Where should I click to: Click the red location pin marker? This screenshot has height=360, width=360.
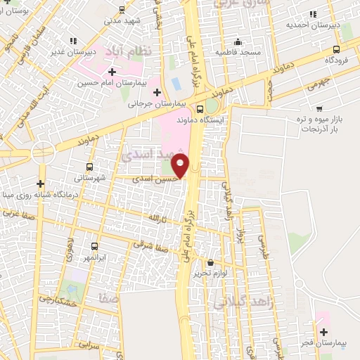coord(181,166)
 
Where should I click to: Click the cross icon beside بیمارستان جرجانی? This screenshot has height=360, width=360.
coord(157,91)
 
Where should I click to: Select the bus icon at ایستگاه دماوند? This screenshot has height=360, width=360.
coord(200,110)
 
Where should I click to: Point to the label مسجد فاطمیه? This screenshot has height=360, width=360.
coord(238,52)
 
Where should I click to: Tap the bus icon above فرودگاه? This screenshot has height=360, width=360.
coord(336,49)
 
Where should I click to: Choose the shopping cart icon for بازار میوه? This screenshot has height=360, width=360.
coord(320,109)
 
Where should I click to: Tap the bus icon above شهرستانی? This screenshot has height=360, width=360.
coord(89,167)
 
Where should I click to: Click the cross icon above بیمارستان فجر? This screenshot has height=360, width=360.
coord(323,332)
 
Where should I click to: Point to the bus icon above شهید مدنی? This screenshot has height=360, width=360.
coord(122,9)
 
